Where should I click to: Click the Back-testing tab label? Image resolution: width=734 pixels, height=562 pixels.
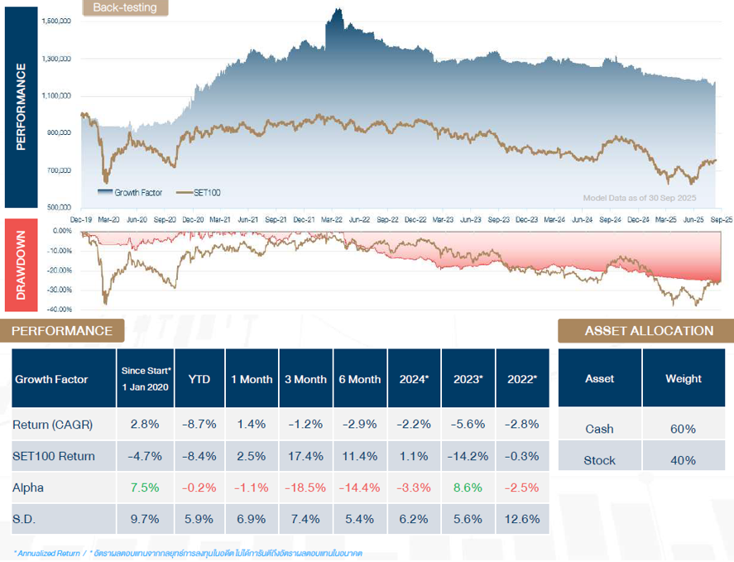(125, 8)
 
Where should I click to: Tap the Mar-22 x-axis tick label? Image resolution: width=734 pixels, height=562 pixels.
(332, 220)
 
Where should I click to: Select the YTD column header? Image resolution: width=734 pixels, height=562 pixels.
(199, 379)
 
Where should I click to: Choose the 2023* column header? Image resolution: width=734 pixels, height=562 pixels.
(468, 379)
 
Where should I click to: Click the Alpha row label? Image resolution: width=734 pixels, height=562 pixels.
(28, 488)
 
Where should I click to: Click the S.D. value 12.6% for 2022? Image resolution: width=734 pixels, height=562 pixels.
(521, 519)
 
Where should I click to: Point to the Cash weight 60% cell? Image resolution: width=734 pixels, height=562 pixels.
(684, 429)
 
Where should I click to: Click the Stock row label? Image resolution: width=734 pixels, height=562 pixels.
(600, 460)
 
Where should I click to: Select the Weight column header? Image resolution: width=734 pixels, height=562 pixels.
(684, 378)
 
